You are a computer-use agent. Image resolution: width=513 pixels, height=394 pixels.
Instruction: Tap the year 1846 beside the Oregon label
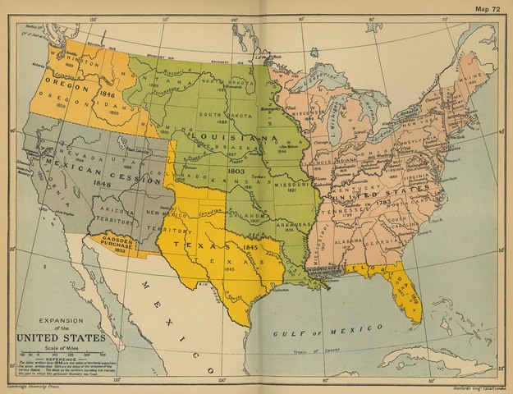[x=107, y=94]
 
